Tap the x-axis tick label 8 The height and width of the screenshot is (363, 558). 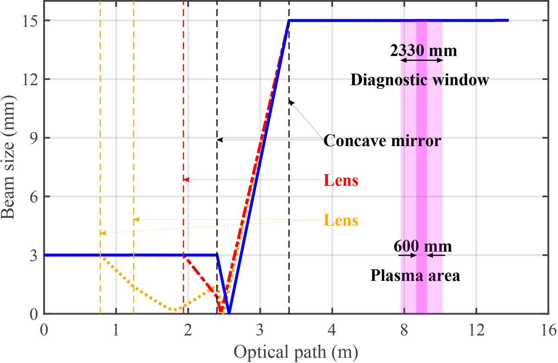pos(404,329)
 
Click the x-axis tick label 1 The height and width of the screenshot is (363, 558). pos(116,329)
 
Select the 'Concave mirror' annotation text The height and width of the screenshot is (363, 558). pos(383,141)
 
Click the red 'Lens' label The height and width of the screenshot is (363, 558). pos(341,180)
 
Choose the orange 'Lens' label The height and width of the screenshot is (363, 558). pos(341,220)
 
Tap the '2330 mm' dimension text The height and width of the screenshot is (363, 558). pos(424,51)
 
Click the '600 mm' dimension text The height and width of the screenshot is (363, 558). pos(423,246)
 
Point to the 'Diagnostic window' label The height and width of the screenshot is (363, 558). pos(420,80)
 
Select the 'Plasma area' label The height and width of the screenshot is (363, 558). pos(415,276)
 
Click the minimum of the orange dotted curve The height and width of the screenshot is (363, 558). pos(174,310)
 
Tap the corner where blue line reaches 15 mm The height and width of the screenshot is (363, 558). pos(289,20)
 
